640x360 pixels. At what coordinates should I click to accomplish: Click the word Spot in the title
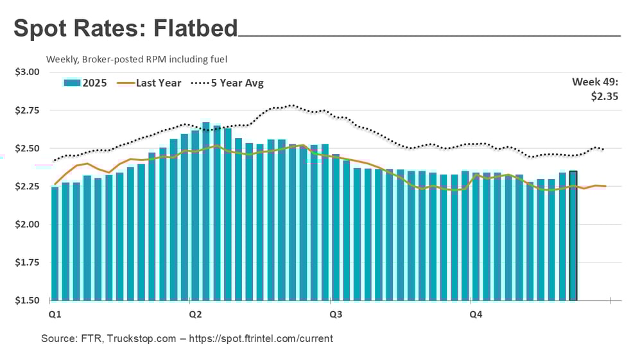tap(40, 29)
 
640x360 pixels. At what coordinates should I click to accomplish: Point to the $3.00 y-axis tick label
tap(27, 72)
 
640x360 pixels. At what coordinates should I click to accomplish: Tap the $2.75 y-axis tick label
tap(27, 110)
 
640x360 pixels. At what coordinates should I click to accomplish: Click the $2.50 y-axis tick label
tap(27, 148)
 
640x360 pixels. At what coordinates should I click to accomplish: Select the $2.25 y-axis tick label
tap(27, 187)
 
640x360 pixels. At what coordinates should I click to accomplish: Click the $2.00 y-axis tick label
tap(27, 225)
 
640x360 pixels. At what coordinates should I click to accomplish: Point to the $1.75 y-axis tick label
tap(27, 262)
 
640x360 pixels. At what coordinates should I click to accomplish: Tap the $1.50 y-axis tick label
tap(27, 300)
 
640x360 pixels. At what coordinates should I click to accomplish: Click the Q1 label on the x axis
tap(55, 314)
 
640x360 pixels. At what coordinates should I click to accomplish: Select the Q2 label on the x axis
tap(195, 314)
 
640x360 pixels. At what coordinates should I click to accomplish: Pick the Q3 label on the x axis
tap(335, 314)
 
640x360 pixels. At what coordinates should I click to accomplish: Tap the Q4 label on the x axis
tap(476, 314)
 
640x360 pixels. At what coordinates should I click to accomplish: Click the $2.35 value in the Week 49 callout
tap(605, 96)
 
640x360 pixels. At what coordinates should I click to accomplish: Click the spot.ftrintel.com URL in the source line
tap(265, 338)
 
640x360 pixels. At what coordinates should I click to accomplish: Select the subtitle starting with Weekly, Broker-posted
tap(137, 59)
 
